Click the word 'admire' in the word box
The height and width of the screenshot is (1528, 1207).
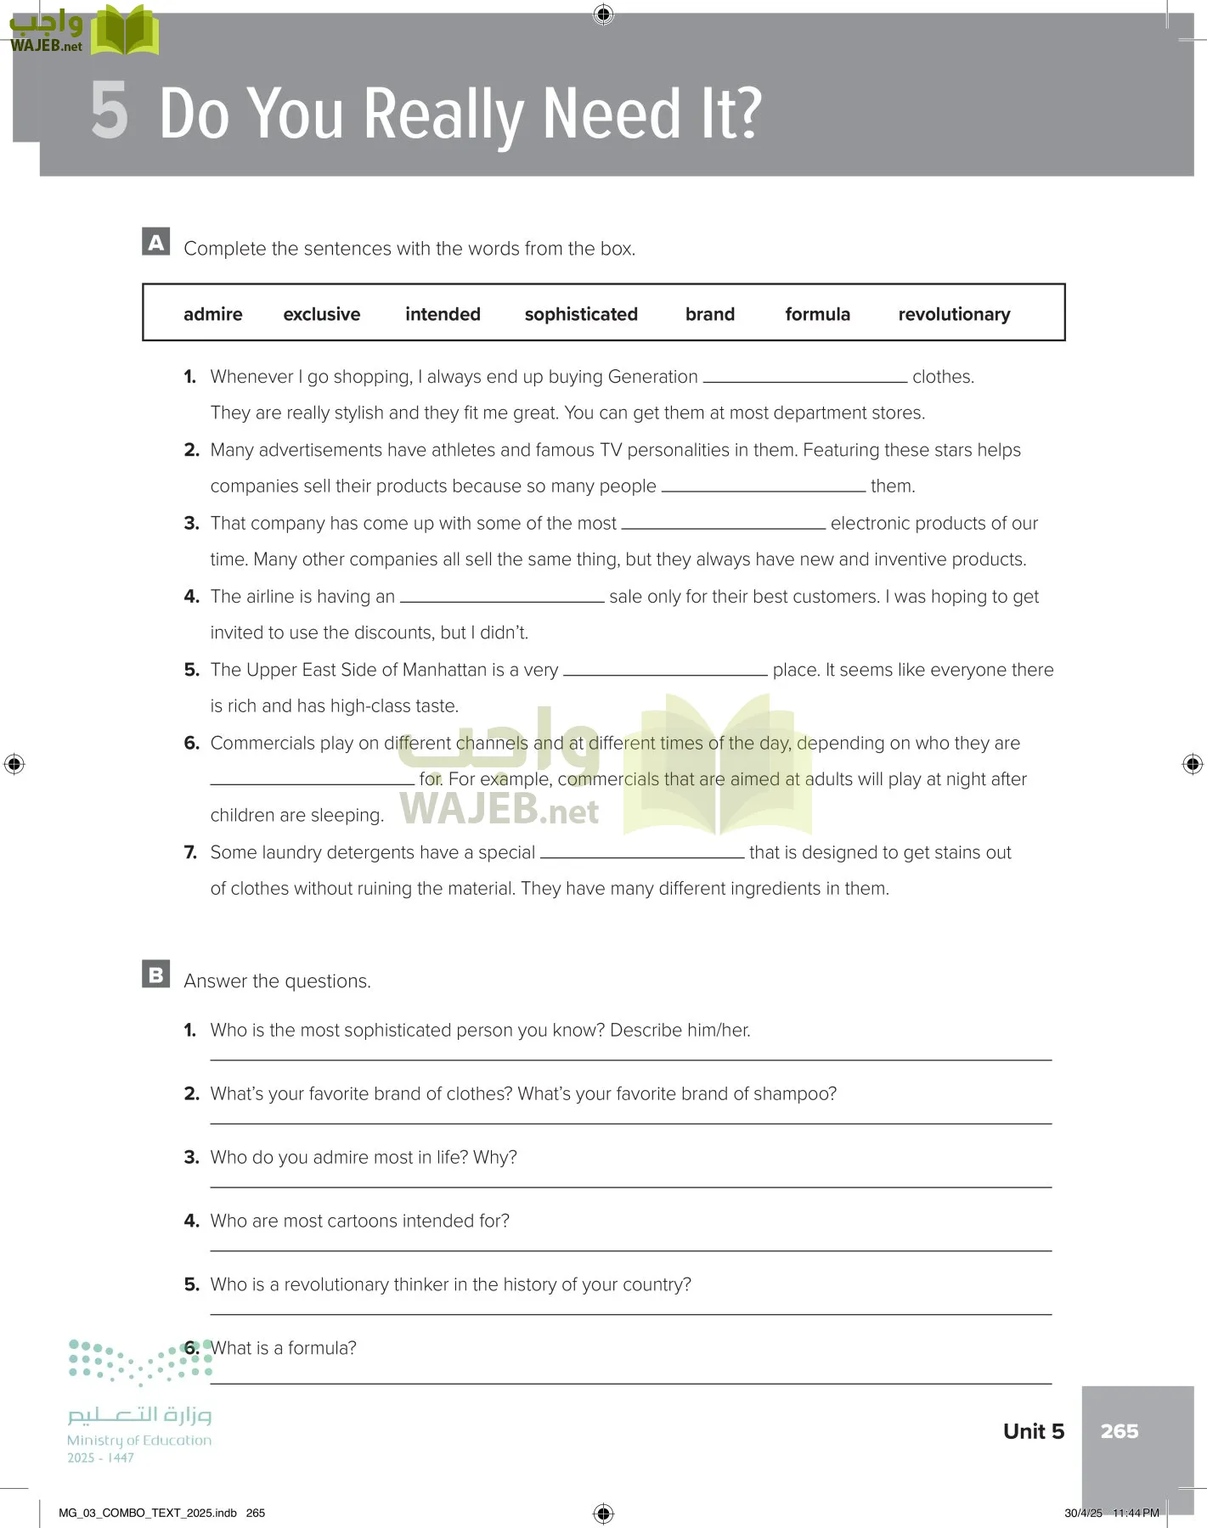pos(212,314)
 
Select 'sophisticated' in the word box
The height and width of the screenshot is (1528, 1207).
pos(581,314)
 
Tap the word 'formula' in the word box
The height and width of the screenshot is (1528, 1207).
pos(817,314)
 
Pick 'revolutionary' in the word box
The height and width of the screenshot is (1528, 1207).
pos(954,314)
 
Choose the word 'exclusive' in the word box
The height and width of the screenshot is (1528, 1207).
pos(321,314)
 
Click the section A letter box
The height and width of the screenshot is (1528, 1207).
pos(156,242)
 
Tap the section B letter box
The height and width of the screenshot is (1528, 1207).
pos(156,975)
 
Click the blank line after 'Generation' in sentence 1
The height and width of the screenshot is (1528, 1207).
pos(804,378)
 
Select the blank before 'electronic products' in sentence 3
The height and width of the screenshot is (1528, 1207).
pos(723,525)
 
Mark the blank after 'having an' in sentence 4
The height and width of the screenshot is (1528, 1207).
pos(502,598)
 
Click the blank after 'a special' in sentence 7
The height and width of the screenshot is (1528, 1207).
pos(642,854)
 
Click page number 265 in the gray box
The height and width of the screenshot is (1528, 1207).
pos(1119,1431)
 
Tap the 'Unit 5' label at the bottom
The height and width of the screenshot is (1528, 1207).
pos(1033,1431)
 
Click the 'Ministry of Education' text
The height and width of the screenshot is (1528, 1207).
pos(139,1440)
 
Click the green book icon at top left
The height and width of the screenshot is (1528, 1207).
pos(125,31)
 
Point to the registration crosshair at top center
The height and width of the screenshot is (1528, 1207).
pos(603,14)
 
